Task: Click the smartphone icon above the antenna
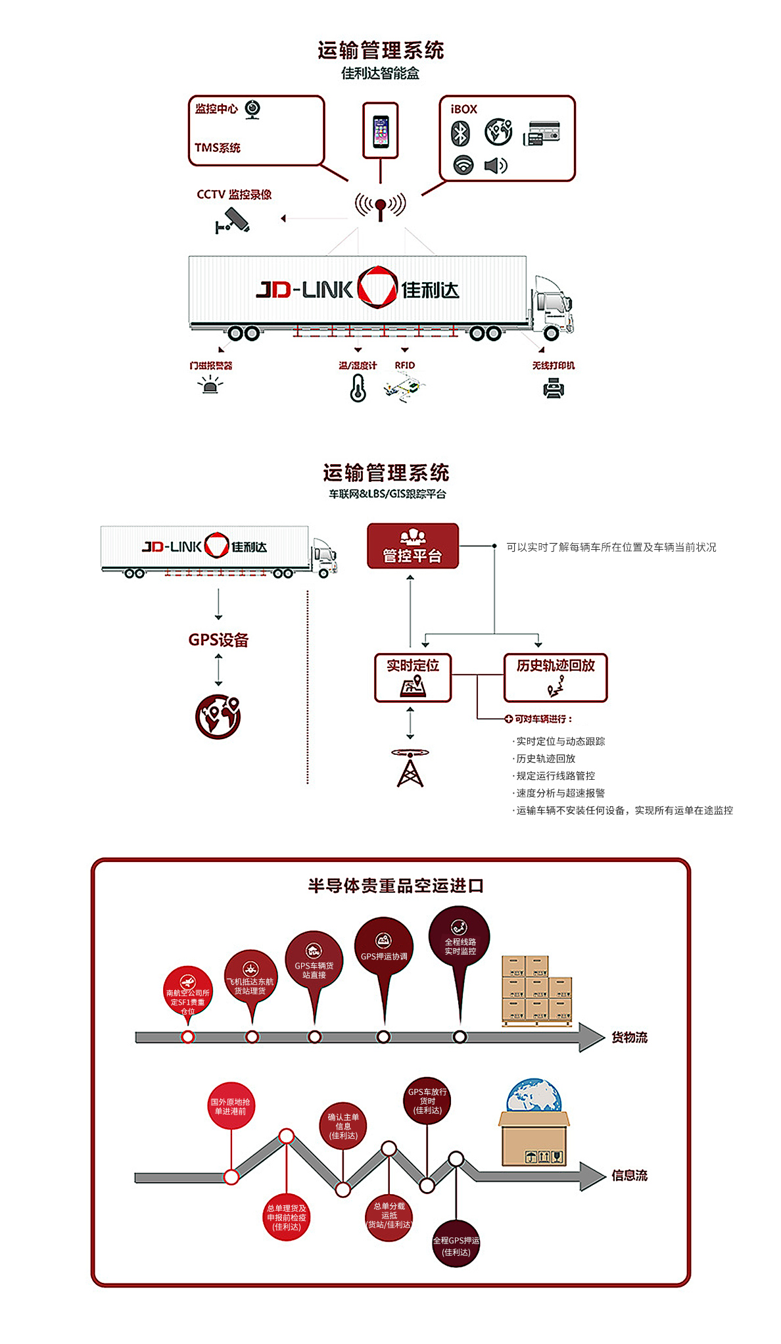click(381, 131)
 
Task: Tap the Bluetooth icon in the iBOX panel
click(460, 133)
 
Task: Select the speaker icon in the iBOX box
click(496, 165)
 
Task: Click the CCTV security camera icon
click(233, 221)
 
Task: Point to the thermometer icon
click(358, 388)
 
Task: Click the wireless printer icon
click(554, 389)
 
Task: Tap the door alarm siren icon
click(210, 385)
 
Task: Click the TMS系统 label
click(218, 148)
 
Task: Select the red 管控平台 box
click(413, 546)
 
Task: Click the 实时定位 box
click(413, 677)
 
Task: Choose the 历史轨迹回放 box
click(556, 677)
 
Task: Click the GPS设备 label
click(218, 640)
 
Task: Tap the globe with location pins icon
click(218, 716)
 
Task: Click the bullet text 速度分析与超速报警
click(560, 793)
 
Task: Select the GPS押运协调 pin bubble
click(384, 947)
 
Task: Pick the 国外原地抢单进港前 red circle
click(231, 1106)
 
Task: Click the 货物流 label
click(629, 1038)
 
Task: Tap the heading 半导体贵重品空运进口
click(396, 886)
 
